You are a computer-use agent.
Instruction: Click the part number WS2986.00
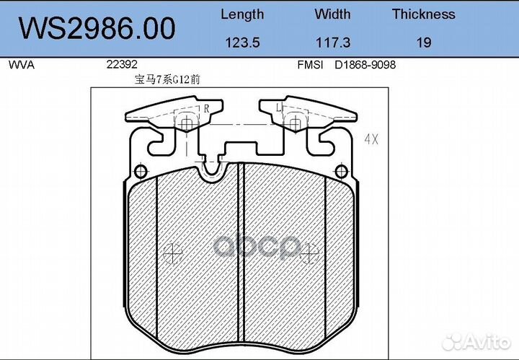tap(97, 29)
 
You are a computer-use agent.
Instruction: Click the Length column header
tap(242, 14)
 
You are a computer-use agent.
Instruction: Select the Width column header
tap(332, 14)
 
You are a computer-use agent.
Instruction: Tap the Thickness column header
tap(424, 14)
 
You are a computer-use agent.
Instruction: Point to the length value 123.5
tap(242, 43)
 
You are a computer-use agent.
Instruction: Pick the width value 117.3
tap(332, 43)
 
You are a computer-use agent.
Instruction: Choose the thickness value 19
tap(424, 43)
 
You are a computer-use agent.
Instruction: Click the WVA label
tap(21, 64)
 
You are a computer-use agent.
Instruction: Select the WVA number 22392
tap(121, 64)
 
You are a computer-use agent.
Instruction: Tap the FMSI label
tap(310, 64)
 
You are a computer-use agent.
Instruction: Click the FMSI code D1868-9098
tap(365, 64)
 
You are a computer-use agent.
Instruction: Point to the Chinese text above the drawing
tap(164, 80)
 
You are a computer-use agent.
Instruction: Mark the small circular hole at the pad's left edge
tap(141, 172)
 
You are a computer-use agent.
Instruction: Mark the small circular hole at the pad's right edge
tap(343, 172)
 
